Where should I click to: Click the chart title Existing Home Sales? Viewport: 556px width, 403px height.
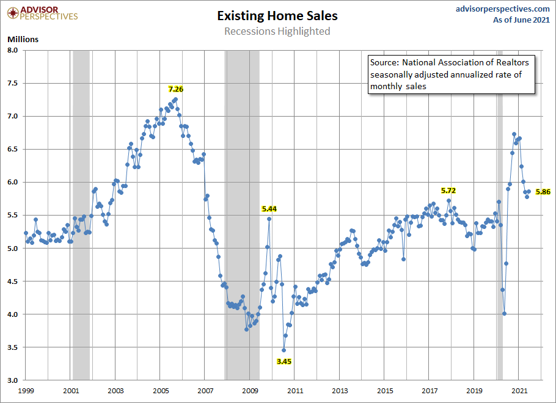[x=277, y=16]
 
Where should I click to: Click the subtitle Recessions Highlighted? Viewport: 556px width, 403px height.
[x=277, y=31]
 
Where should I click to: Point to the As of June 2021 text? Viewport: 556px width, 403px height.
[x=522, y=20]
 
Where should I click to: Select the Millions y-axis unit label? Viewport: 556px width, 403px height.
[x=23, y=39]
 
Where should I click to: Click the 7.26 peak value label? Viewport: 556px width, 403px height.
[x=176, y=89]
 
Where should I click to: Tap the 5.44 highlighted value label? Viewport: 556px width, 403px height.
[x=269, y=209]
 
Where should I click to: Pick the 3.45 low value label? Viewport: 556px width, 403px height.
[x=283, y=361]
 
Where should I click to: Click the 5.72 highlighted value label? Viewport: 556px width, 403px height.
[x=448, y=191]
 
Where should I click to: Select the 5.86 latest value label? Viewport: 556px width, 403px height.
[x=543, y=192]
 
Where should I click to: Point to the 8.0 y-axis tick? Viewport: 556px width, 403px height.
[x=13, y=50]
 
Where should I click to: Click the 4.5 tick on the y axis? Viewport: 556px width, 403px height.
[x=13, y=281]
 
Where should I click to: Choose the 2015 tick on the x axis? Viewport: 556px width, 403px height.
[x=385, y=390]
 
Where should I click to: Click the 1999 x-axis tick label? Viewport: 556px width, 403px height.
[x=26, y=390]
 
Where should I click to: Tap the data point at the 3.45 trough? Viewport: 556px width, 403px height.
[x=283, y=350]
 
